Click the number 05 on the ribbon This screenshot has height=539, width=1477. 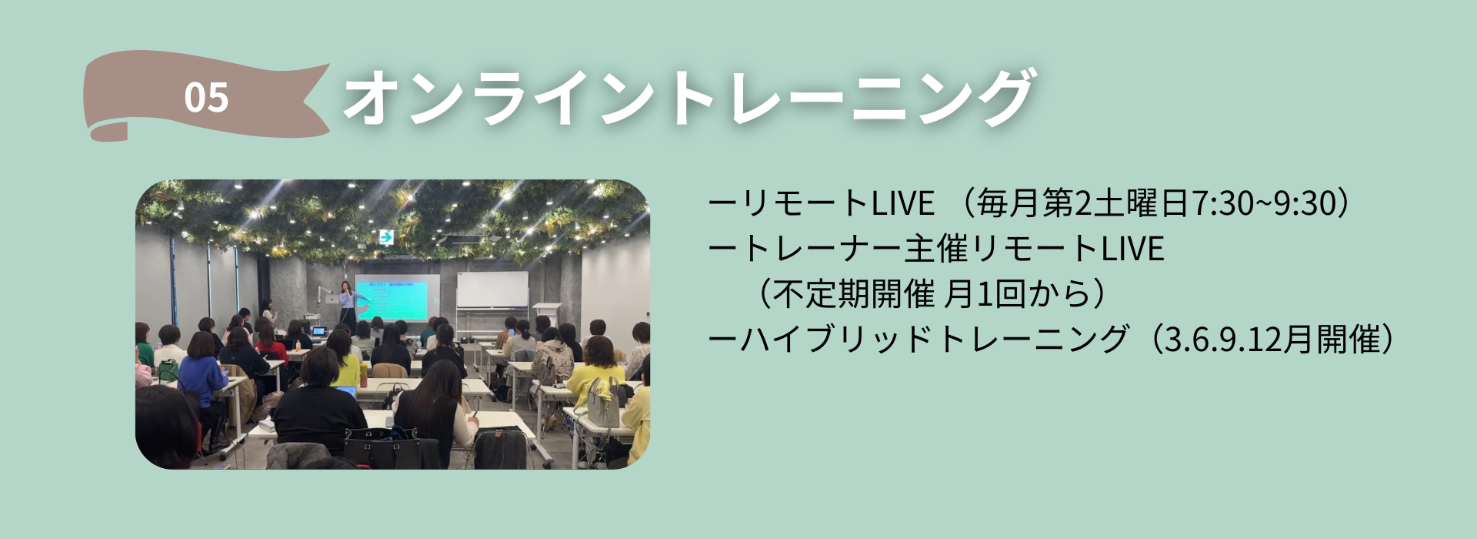pyautogui.click(x=206, y=98)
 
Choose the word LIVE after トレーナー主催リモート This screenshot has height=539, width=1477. pyautogui.click(x=1133, y=249)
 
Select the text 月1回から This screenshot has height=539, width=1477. pyautogui.click(x=1017, y=294)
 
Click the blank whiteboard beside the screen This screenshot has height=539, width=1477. pyautogui.click(x=493, y=290)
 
